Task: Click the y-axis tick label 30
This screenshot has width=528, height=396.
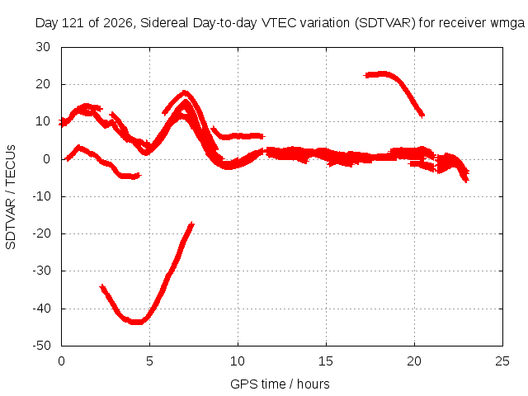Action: pyautogui.click(x=43, y=47)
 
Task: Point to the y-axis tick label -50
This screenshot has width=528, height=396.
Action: pyautogui.click(x=41, y=346)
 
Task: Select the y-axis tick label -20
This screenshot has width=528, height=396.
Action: pyautogui.click(x=41, y=233)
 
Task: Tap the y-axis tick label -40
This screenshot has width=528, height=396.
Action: pyautogui.click(x=41, y=308)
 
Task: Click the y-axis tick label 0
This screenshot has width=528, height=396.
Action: pyautogui.click(x=47, y=159)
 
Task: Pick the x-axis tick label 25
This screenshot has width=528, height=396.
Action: pyautogui.click(x=502, y=361)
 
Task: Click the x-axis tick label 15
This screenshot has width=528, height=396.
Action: pyautogui.click(x=326, y=361)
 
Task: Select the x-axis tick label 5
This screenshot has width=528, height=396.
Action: pyautogui.click(x=149, y=361)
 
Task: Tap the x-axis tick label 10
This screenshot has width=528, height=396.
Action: pyautogui.click(x=238, y=361)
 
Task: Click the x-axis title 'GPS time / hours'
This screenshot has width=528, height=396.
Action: pyautogui.click(x=280, y=384)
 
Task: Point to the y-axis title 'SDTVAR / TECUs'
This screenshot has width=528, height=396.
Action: pyautogui.click(x=11, y=197)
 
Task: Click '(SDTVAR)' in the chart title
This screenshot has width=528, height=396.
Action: pyautogui.click(x=385, y=23)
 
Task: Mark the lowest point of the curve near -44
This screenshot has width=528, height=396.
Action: pyautogui.click(x=137, y=323)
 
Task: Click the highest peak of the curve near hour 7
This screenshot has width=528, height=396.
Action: pyautogui.click(x=184, y=92)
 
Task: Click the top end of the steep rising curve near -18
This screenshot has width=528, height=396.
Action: pyautogui.click(x=192, y=224)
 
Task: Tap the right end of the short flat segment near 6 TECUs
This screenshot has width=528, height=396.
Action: pyautogui.click(x=264, y=136)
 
